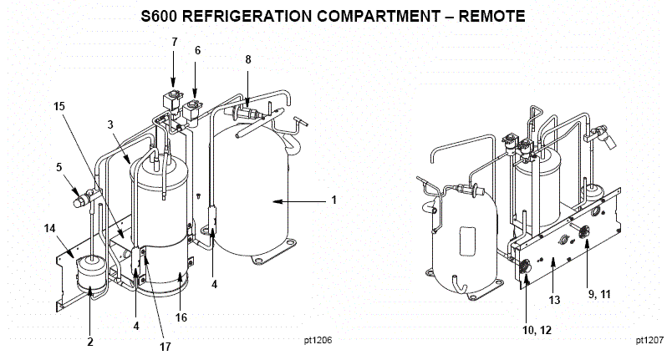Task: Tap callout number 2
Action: point(89,341)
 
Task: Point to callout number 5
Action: point(59,166)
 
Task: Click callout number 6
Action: point(198,50)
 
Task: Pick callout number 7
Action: point(174,41)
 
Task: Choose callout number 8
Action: point(247,60)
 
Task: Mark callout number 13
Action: point(552,300)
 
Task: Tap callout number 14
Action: point(49,227)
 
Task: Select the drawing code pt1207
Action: point(649,341)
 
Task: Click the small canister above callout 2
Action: point(89,272)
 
